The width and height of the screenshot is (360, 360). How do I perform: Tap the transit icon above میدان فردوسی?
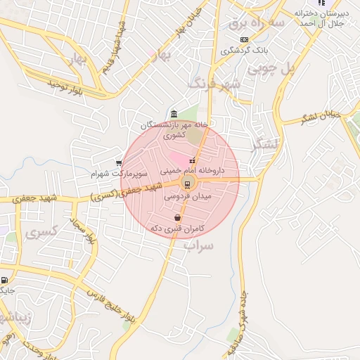click(187, 184)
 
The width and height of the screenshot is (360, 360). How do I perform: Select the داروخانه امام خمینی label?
click(191, 171)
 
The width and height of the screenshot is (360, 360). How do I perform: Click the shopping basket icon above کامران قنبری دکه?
click(176, 218)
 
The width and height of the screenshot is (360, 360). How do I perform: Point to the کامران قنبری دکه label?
click(176, 229)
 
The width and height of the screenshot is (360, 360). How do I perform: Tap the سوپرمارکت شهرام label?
click(119, 172)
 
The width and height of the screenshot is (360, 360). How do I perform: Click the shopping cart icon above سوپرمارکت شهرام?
click(119, 162)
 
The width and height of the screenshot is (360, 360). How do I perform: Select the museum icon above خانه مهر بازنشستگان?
click(174, 115)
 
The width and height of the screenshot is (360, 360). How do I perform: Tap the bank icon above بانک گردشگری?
click(244, 39)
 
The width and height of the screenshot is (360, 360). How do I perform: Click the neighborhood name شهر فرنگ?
click(214, 84)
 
